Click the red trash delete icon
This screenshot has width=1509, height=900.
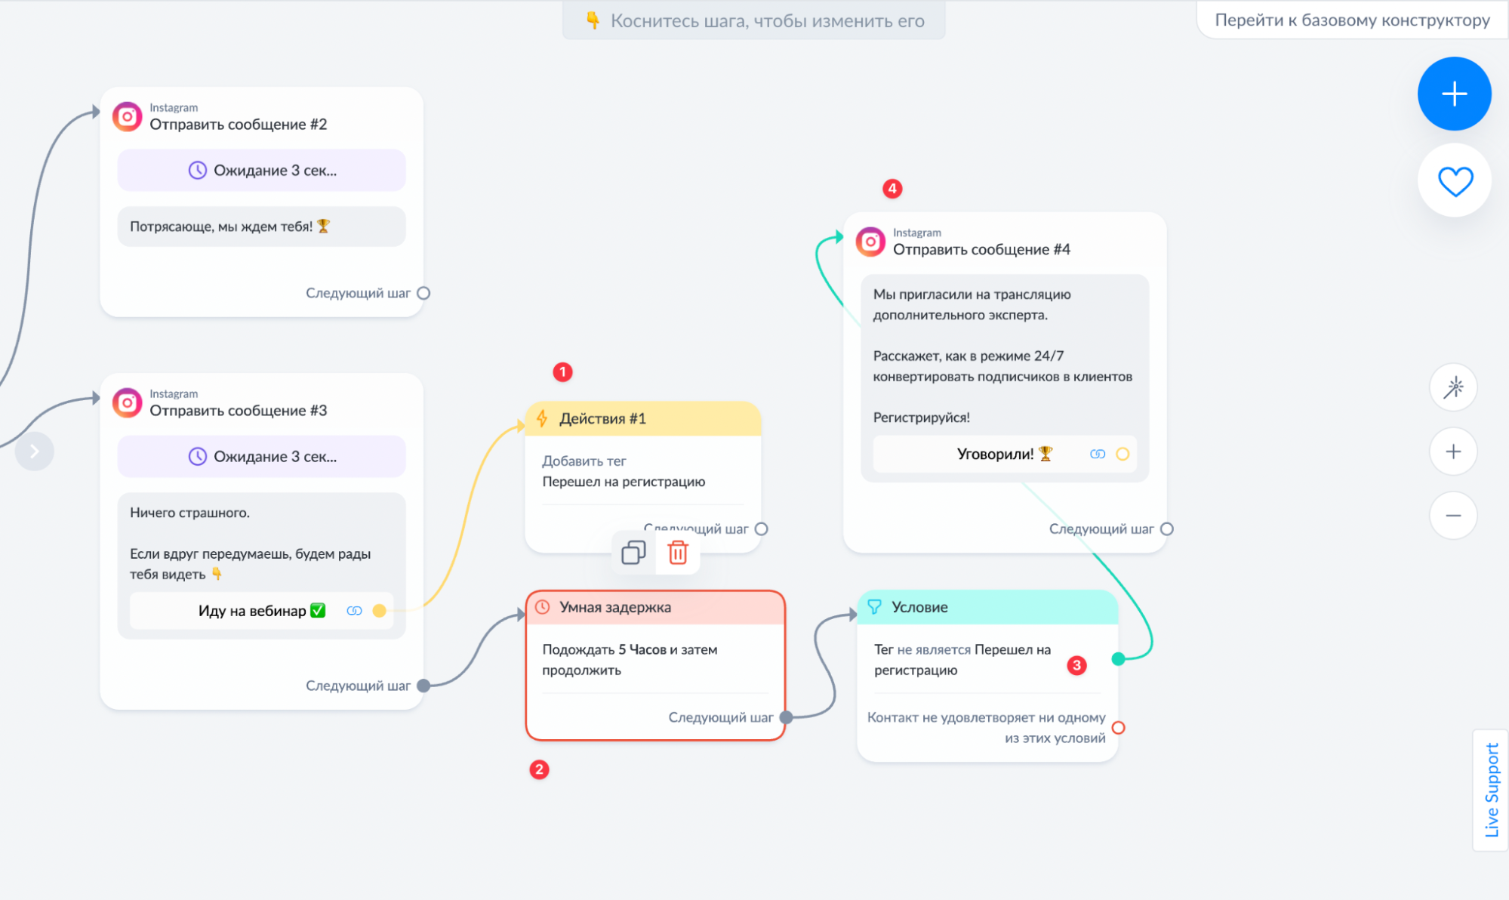678,553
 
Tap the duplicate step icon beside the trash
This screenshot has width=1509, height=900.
633,553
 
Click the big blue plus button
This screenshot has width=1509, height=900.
1454,94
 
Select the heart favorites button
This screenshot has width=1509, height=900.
1455,181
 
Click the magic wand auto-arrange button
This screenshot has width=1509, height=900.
1453,387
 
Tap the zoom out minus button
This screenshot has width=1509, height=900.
1453,516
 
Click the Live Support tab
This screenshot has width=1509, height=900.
1491,790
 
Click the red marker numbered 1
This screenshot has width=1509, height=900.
562,372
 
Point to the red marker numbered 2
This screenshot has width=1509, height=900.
539,769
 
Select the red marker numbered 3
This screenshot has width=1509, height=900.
1076,665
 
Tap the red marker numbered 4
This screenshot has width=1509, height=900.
892,188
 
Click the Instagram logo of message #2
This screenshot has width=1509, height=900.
128,117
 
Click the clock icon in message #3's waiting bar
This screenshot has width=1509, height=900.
197,456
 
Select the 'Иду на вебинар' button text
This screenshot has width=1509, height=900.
252,611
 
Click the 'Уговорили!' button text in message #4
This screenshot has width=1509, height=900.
995,454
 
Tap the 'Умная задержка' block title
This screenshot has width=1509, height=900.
615,607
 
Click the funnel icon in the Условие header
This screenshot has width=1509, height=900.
874,607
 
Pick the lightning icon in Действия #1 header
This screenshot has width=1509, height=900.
542,418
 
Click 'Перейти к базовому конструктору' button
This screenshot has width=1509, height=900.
1352,20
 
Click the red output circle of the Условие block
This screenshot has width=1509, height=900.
1119,728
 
